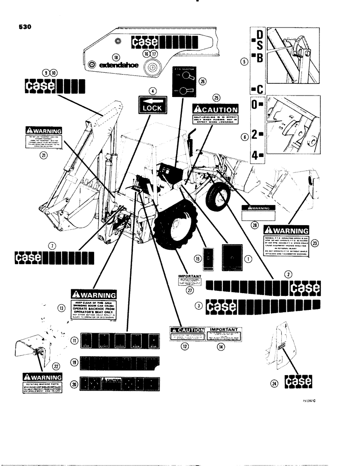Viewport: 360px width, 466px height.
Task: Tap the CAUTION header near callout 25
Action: (215, 110)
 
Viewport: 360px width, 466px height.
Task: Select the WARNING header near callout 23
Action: (286, 231)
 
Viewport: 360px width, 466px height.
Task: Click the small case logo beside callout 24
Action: (300, 383)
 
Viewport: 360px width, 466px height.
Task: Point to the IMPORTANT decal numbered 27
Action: (190, 281)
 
